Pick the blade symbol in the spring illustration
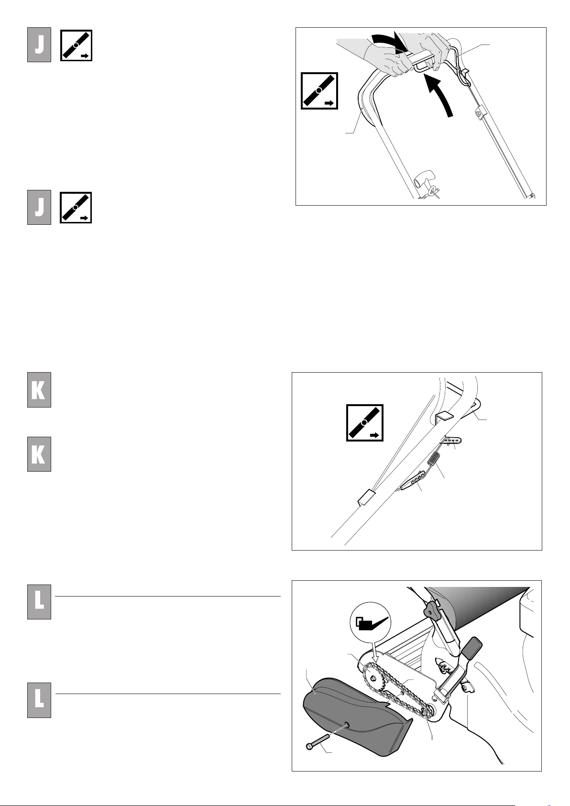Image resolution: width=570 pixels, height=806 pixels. tap(365, 422)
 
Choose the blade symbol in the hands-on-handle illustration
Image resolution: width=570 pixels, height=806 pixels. tap(319, 91)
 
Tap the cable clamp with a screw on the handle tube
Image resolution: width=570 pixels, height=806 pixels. tap(479, 113)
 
